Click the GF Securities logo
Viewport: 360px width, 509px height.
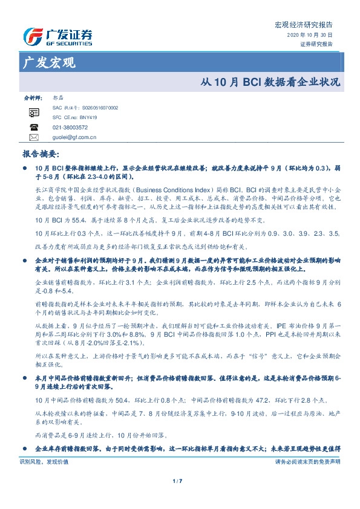coord(57,36)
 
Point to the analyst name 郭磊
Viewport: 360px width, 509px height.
coord(58,97)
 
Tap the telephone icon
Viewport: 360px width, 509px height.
coord(33,128)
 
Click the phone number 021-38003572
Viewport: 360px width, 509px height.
coord(70,128)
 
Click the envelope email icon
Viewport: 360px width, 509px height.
coord(33,138)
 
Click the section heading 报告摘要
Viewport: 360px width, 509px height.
coord(40,154)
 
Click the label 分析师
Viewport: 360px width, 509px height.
coord(32,97)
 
